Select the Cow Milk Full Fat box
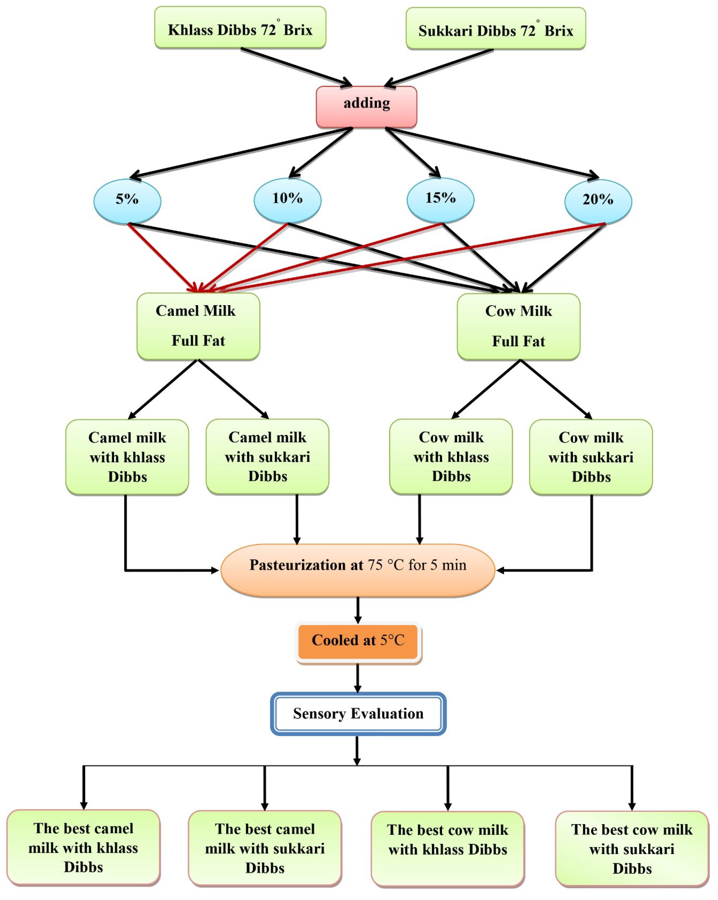point(518,326)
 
